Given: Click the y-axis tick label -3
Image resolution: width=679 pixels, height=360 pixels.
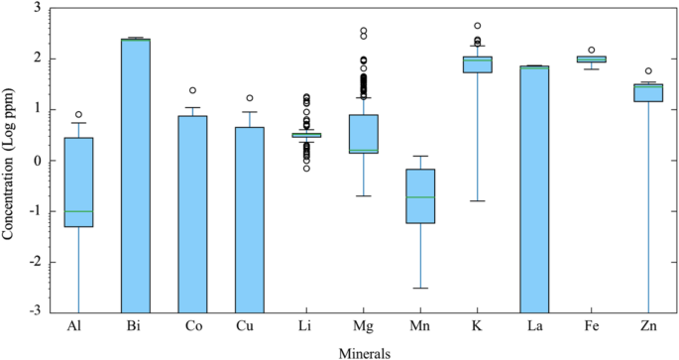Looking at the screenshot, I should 35,312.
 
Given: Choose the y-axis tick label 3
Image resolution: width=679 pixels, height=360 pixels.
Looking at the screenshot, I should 38,8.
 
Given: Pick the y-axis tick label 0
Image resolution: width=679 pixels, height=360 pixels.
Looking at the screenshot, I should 38,161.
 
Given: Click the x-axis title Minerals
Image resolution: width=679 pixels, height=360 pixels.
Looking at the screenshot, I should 361,351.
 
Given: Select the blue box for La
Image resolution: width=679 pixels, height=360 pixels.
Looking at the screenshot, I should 535,188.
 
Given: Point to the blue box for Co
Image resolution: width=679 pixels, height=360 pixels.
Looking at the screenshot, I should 192,213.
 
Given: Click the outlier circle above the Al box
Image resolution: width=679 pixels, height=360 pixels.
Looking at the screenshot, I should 78,115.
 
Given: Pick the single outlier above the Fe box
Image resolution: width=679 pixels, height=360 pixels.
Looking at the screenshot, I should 592,50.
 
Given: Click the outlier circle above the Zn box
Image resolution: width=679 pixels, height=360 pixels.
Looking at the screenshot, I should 649,71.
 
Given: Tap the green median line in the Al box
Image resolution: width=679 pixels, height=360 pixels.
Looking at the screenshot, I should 78,211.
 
